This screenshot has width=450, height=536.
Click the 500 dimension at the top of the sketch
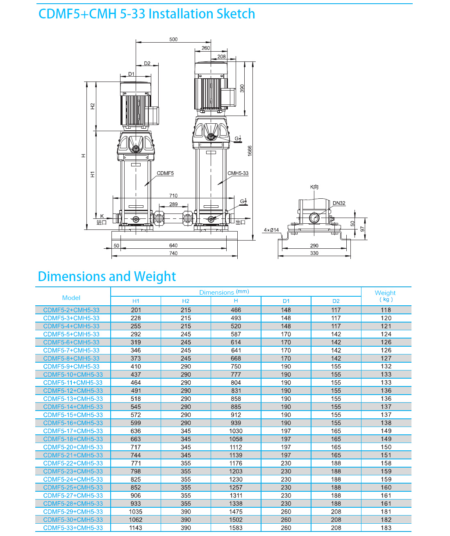click(173, 39)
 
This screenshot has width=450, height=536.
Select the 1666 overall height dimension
click(250, 151)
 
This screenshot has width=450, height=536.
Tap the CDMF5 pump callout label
click(165, 173)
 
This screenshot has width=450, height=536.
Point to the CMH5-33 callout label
click(238, 173)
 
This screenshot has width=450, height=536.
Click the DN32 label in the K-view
click(339, 203)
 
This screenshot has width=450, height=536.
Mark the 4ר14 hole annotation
click(271, 230)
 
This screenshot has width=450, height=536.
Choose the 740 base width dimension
click(173, 253)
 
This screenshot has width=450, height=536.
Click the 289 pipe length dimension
click(173, 204)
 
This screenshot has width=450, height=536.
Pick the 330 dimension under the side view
click(314, 253)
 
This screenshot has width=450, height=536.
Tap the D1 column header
click(286, 301)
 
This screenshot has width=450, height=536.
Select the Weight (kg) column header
click(385, 296)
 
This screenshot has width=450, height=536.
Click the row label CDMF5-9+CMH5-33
click(71, 366)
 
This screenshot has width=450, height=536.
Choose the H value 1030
click(236, 431)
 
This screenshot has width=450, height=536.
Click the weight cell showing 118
click(386, 310)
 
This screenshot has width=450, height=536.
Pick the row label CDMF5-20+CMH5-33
click(73, 447)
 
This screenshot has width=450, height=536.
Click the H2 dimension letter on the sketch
click(92, 106)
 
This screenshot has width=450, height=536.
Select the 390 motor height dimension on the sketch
click(242, 88)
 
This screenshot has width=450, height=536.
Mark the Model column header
click(71, 298)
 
